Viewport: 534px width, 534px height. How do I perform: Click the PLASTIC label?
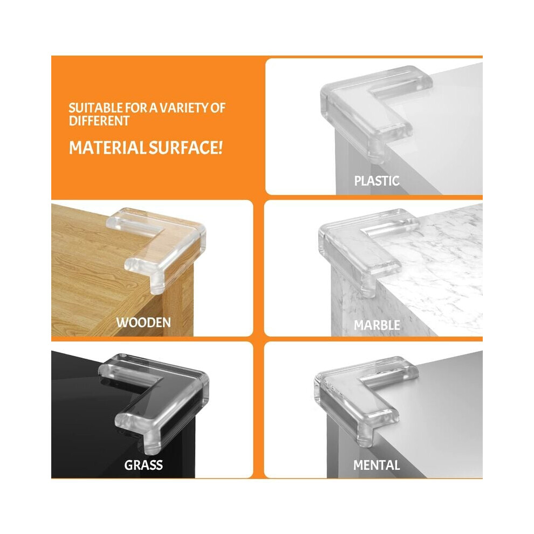tap(376, 181)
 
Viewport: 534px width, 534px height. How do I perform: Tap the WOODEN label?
tap(143, 323)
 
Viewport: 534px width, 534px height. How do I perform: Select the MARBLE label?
tap(377, 325)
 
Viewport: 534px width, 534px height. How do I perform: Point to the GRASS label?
tap(143, 465)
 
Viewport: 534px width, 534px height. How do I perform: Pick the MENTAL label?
tap(376, 465)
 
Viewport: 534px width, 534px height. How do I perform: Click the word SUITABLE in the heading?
tap(95, 108)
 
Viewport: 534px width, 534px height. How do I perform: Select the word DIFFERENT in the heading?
tap(99, 121)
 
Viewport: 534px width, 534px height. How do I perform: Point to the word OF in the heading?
tap(218, 108)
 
